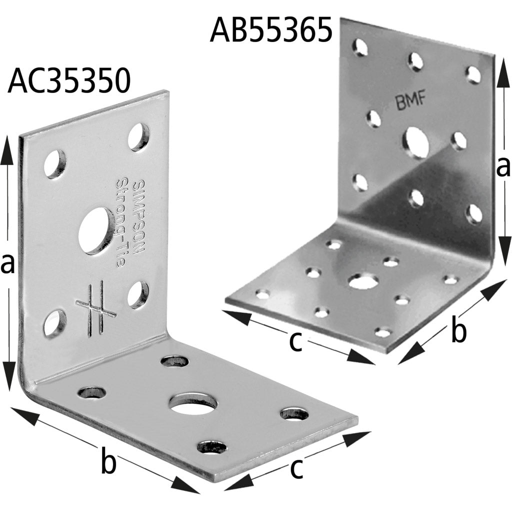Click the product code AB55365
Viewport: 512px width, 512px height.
click(x=271, y=29)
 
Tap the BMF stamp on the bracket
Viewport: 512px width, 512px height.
click(x=411, y=101)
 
